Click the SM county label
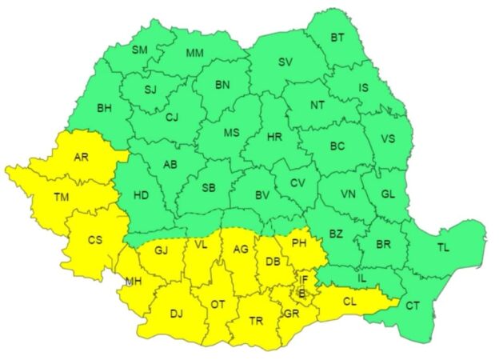[x=140, y=50]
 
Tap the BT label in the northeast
[x=337, y=37]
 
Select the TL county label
[x=443, y=248]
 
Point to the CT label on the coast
[x=413, y=306]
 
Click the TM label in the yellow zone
[x=61, y=195]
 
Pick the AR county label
[x=81, y=157]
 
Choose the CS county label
[x=95, y=239]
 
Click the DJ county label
[x=176, y=313]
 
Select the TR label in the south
[x=256, y=320]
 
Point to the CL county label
[x=349, y=302]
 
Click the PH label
[x=299, y=242]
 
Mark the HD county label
[x=141, y=194]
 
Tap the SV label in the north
[x=285, y=62]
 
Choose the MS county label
[x=231, y=133]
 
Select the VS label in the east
[x=388, y=138]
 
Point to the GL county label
[x=387, y=194]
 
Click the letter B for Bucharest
[x=301, y=294]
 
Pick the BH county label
[x=104, y=107]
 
